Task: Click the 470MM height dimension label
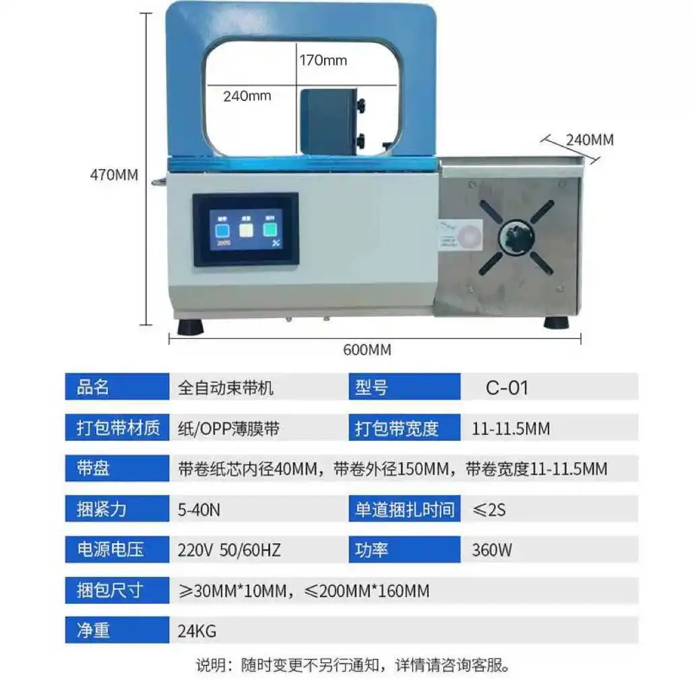pos(114,175)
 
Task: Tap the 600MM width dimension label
pos(367,350)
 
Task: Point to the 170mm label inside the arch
pos(323,61)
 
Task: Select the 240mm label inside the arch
pos(247,96)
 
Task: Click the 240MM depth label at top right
pos(590,140)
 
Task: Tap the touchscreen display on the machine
pos(245,229)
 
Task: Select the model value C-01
pos(507,387)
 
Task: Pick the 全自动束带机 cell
pos(226,388)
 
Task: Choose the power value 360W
pos(492,550)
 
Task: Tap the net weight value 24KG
pos(197,631)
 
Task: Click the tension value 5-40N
pos(199,509)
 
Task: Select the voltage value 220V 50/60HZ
pos(229,550)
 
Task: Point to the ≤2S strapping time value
pos(489,509)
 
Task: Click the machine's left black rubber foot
pos(191,326)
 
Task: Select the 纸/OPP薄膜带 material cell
pos(229,428)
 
